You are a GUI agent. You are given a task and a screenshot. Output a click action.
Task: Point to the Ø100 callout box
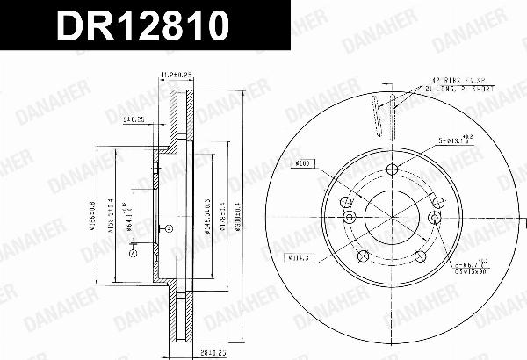click(x=304, y=162)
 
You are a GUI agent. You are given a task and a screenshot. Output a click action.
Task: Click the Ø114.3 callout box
click(x=298, y=257)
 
